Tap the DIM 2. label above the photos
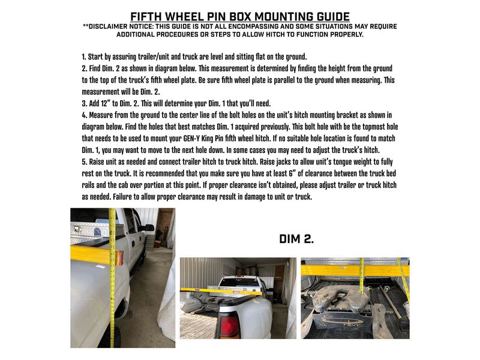click(x=296, y=239)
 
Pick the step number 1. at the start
click(x=83, y=57)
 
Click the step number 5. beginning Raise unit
click(x=84, y=161)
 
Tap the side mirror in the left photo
click(x=149, y=228)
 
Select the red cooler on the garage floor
click(x=157, y=244)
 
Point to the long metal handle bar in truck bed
click(x=392, y=301)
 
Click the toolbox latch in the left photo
click(x=76, y=229)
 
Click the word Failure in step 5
click(x=122, y=197)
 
